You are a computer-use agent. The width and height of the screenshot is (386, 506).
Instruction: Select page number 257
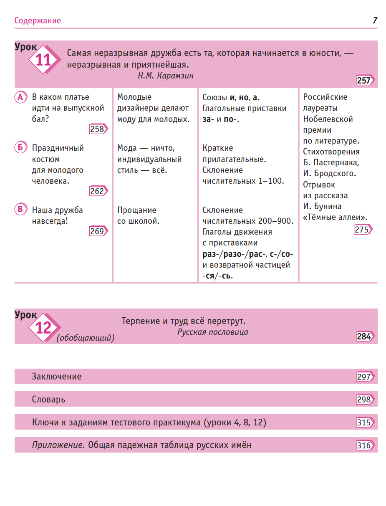click(364, 80)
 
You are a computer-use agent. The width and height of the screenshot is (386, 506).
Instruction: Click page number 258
click(98, 129)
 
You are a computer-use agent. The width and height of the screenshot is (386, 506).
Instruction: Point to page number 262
click(98, 191)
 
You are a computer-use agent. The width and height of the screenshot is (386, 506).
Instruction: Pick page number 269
click(98, 231)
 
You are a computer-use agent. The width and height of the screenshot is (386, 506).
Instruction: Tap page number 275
click(362, 229)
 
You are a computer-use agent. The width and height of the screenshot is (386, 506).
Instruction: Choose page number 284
click(364, 336)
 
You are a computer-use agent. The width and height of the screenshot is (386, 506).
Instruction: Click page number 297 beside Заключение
click(364, 377)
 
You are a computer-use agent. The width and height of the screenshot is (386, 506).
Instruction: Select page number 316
click(364, 445)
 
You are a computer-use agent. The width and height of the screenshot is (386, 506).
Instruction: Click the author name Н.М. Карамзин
click(166, 76)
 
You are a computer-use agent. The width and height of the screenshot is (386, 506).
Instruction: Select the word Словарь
click(48, 400)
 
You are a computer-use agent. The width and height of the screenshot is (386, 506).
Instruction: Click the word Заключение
click(57, 377)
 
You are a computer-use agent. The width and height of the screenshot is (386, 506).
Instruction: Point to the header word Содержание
click(38, 20)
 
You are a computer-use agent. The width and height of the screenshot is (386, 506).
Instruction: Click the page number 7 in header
click(375, 20)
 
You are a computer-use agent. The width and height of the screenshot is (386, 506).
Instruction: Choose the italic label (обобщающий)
click(86, 338)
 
